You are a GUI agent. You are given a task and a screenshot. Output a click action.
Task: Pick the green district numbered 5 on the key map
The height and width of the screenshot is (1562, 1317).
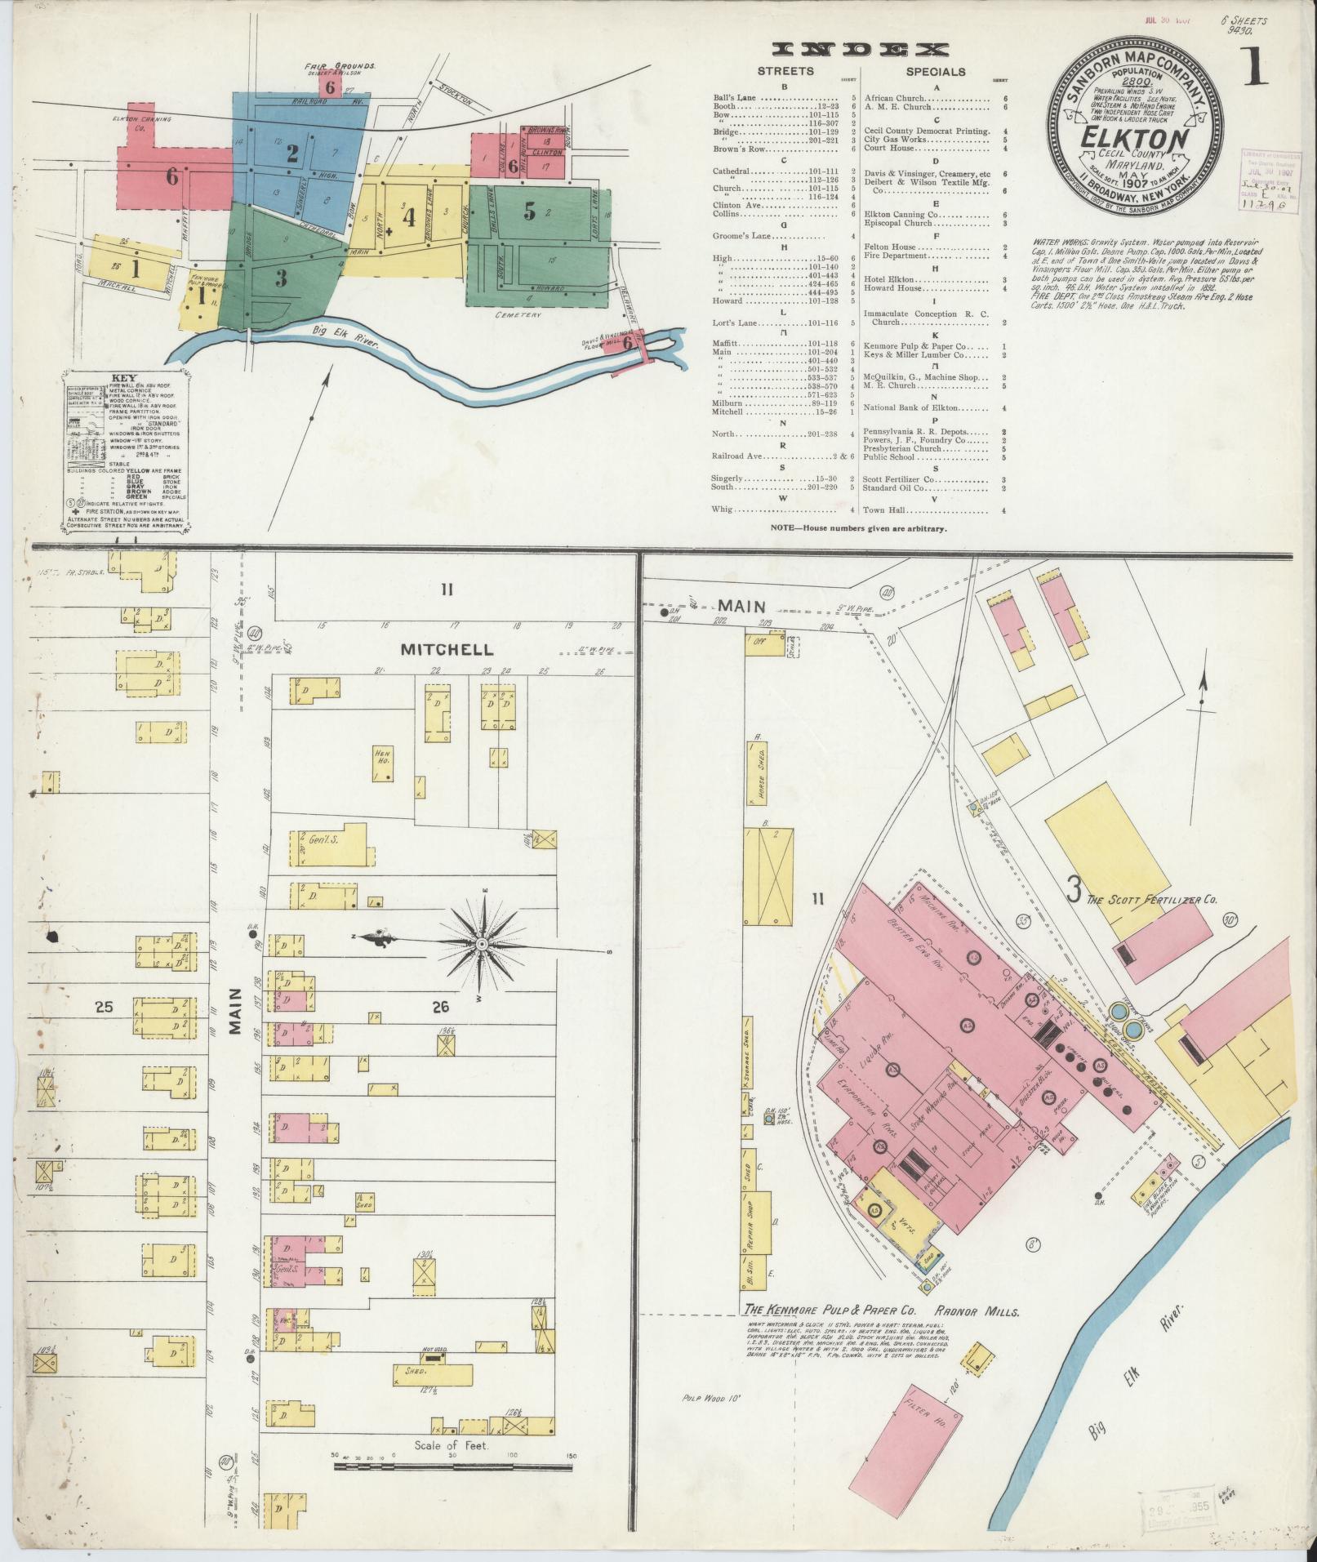click(529, 211)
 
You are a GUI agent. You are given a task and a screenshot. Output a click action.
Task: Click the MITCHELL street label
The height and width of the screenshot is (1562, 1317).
click(446, 650)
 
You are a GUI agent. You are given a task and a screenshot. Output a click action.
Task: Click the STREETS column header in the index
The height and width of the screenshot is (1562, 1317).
click(785, 72)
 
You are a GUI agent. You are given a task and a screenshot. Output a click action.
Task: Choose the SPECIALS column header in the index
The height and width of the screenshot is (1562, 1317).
click(935, 72)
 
